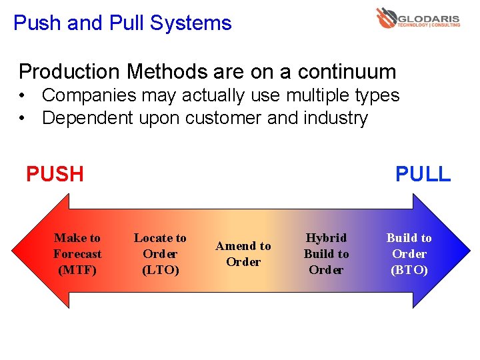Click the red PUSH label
pyautogui.click(x=55, y=174)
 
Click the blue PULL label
pyautogui.click(x=423, y=174)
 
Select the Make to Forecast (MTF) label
pyautogui.click(x=77, y=254)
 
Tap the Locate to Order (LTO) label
pyautogui.click(x=160, y=254)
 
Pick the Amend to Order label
pyautogui.click(x=243, y=254)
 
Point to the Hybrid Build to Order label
pyautogui.click(x=326, y=254)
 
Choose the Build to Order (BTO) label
pyautogui.click(x=409, y=254)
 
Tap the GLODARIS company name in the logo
pyautogui.click(x=429, y=17)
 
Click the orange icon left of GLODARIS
pyautogui.click(x=386, y=18)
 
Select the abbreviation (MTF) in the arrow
pyautogui.click(x=77, y=270)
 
